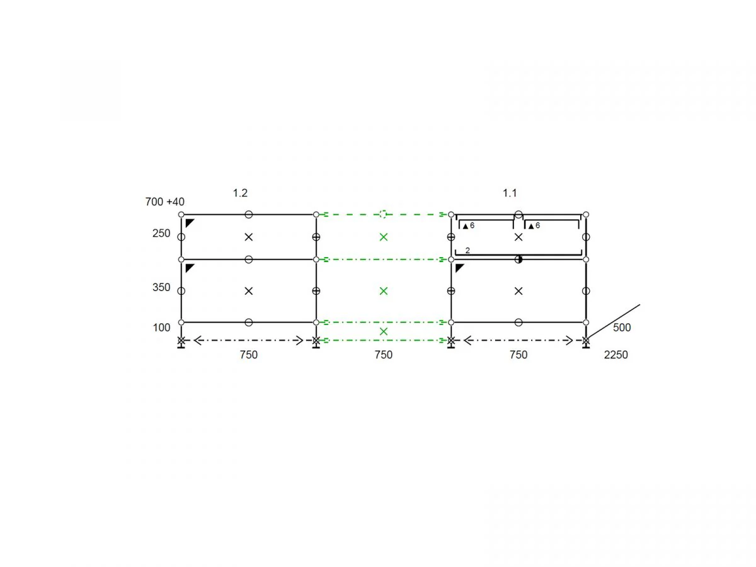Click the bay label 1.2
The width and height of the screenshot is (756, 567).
point(240,193)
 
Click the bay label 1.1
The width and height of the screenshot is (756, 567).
point(510,193)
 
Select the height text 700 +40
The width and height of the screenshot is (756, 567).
point(164,202)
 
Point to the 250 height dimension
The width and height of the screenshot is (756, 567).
point(161,233)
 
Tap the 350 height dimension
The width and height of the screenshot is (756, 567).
point(161,287)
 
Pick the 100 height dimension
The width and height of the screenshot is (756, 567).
point(161,328)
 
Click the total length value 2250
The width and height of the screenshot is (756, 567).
point(616,355)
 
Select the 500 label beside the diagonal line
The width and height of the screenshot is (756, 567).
point(622,328)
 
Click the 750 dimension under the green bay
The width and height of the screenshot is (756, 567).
point(383,355)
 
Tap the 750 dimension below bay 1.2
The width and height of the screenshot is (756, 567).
point(248,355)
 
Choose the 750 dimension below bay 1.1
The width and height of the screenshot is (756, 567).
point(518,355)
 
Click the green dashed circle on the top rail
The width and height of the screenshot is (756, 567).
point(383,214)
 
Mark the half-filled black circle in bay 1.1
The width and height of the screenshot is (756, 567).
point(518,259)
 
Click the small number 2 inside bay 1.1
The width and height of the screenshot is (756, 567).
point(467,251)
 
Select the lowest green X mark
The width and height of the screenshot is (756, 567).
point(383,331)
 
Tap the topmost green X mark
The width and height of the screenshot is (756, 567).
point(383,237)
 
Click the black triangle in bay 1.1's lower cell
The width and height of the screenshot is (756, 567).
point(459,268)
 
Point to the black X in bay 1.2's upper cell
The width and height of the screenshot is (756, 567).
point(248,237)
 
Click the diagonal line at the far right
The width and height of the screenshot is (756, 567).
point(614,321)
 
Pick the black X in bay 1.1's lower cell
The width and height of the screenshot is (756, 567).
point(518,291)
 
